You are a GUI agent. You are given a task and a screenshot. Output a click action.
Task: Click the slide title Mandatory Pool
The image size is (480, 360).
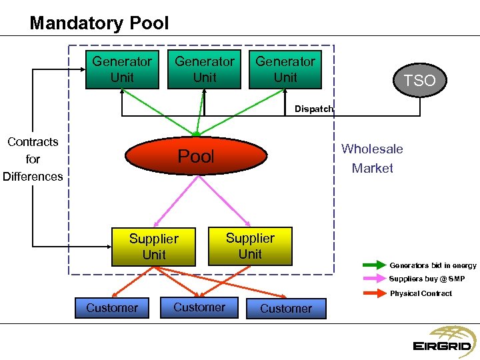pos(99,23)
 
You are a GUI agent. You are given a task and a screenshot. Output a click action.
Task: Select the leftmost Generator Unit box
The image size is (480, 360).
pos(121,69)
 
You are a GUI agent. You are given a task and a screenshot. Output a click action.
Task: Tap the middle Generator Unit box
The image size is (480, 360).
pos(204,69)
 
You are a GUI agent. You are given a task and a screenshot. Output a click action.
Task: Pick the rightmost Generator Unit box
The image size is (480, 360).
pos(285,69)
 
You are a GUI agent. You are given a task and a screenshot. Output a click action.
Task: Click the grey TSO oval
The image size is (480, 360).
pos(419,81)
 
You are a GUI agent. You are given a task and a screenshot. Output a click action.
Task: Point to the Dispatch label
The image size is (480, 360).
pos(313,109)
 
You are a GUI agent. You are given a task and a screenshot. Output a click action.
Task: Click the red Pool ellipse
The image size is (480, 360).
pos(196,157)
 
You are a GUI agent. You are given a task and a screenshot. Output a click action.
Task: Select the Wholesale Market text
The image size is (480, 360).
pos(372,159)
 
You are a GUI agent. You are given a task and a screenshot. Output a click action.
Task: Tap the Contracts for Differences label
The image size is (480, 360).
pos(33,159)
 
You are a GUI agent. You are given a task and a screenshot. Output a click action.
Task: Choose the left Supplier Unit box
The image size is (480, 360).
pos(153,247)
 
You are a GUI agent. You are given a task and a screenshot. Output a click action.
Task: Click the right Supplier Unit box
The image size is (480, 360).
pos(250,246)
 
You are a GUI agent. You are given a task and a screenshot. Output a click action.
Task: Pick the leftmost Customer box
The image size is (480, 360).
pos(112,307)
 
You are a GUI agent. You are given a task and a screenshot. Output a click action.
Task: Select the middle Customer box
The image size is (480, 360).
pos(199,307)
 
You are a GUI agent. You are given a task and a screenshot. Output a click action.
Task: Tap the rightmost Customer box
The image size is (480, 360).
pos(285,308)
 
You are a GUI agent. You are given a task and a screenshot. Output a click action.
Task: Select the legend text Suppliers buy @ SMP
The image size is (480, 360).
pos(427,279)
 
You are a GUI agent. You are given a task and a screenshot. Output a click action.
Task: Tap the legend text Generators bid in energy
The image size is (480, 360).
pos(433,265)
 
